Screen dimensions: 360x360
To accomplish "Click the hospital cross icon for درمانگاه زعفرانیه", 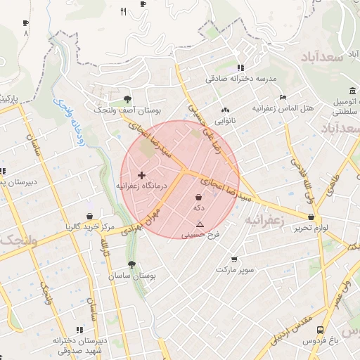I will coord(142,175).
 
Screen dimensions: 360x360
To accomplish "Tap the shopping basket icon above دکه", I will coord(199,198).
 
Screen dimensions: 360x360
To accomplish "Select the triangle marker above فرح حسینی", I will coord(200,225).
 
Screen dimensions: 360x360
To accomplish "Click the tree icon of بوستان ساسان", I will coord(131,264).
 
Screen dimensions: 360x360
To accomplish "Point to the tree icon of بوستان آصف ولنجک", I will coord(127,99).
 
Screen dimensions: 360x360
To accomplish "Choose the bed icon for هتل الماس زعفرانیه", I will coord(283,97).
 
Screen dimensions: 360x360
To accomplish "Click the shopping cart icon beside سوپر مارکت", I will coord(234,259).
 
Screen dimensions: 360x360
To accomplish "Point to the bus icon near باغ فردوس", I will coord(321,329).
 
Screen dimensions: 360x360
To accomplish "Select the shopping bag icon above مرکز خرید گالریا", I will coord(89,217).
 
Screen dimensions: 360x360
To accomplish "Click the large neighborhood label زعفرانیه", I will coord(264,219).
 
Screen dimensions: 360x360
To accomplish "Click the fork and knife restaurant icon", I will coord(124,11).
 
